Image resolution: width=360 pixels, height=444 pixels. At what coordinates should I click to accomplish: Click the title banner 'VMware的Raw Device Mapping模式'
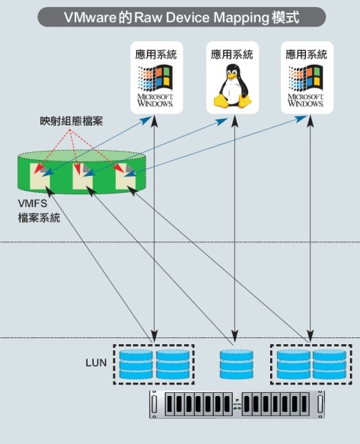pos(180,15)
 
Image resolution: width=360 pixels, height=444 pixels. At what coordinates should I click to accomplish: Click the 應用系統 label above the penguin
pos(232,55)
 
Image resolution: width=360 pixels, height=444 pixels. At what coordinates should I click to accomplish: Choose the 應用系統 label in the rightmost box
pos(307,55)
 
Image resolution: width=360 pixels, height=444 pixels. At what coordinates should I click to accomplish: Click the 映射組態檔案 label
pos(67,122)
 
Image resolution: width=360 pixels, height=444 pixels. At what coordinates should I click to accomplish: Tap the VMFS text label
pos(33,205)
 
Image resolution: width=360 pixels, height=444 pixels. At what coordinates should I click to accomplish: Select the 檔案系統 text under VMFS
pos(39,218)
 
